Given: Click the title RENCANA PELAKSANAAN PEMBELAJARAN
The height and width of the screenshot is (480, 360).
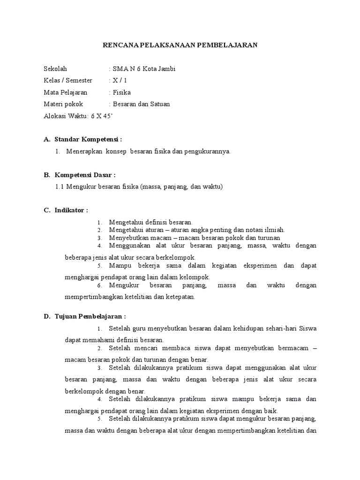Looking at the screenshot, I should tap(180, 45).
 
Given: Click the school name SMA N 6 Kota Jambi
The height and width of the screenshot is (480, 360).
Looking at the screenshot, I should tap(143, 69).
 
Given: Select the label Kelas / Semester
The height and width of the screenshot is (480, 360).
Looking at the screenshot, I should tap(68, 81).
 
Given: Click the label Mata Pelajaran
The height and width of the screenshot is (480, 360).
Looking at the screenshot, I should tap(65, 92).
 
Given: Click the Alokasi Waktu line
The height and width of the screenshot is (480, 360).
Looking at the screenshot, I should tap(78, 116).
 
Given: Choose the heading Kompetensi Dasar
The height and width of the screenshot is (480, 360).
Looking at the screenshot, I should tap(84, 175).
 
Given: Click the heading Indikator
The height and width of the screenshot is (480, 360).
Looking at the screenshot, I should tap(70, 210).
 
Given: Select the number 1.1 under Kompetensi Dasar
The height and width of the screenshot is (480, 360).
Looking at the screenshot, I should tap(60, 187).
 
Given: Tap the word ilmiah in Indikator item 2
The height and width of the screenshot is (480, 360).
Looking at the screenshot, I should tap(274, 230).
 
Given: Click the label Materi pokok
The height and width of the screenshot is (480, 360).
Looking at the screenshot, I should tap(62, 104).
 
